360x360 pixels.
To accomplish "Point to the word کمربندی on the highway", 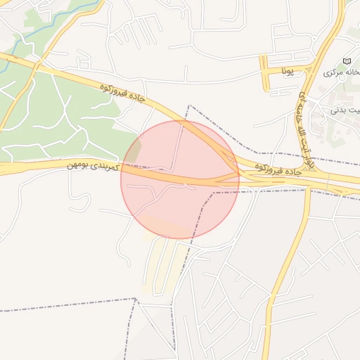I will coord(108,168).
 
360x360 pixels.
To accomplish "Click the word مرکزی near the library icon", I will coord(333,73).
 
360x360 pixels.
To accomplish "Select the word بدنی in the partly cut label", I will coord(346,108).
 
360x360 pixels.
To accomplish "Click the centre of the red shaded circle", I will coord(180,179).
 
